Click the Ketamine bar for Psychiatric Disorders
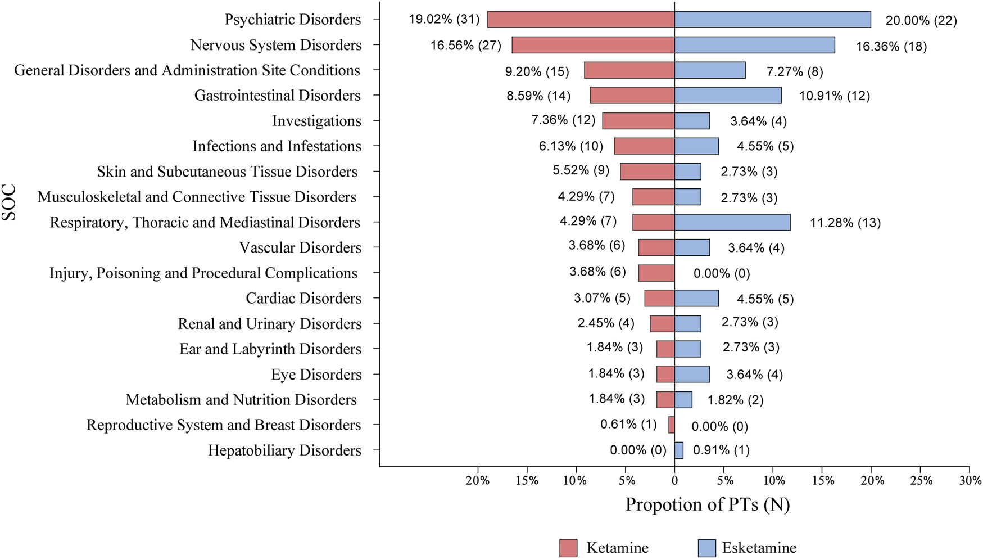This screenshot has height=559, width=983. click(581, 20)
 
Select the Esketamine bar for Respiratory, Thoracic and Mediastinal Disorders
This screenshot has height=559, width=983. click(732, 222)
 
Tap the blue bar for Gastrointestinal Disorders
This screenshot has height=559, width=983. click(727, 96)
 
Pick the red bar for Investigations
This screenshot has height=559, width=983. click(638, 121)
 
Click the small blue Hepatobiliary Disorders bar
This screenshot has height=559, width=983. click(679, 450)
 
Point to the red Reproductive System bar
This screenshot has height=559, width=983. click(672, 425)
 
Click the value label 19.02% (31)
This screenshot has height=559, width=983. click(444, 20)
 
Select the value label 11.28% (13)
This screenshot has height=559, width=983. click(845, 223)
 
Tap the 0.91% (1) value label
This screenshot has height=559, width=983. click(721, 450)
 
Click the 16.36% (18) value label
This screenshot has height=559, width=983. click(891, 46)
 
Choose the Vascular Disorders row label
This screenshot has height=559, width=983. click(300, 247)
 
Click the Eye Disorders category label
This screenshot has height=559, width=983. click(316, 375)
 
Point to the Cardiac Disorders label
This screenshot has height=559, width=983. click(303, 298)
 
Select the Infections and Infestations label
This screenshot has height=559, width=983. click(277, 146)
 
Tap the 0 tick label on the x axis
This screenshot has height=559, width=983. click(674, 481)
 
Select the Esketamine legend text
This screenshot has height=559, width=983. click(759, 548)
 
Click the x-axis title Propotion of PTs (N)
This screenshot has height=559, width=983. click(708, 504)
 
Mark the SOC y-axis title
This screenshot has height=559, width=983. click(9, 203)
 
